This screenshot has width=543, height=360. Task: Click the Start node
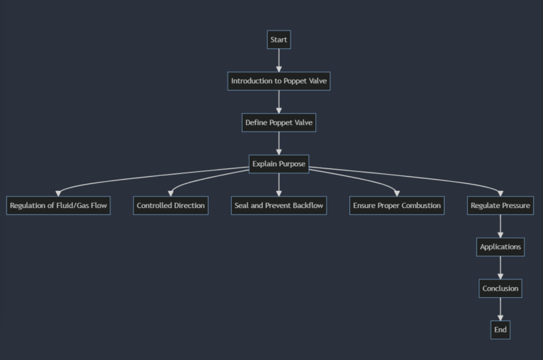(279, 40)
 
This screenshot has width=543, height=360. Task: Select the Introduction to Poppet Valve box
(279, 81)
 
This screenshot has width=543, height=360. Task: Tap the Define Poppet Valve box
(279, 122)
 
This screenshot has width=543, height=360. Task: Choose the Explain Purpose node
(279, 164)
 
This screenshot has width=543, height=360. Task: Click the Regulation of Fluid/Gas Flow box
(58, 206)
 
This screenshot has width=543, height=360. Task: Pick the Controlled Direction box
(170, 206)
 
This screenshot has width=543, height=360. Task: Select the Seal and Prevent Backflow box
(279, 206)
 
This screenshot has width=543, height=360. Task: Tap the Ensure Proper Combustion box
(397, 206)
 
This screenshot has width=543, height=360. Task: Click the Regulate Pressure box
(501, 206)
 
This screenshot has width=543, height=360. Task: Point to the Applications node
(501, 247)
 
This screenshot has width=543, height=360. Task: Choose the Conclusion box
(501, 289)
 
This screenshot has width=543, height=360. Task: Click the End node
(501, 330)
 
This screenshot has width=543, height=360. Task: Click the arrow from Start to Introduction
(279, 60)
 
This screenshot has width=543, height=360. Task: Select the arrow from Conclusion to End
(501, 309)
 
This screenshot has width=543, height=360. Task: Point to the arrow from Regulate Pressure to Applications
(501, 226)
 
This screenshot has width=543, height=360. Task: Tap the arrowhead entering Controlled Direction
(170, 193)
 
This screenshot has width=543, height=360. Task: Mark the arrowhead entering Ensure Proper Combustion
(397, 193)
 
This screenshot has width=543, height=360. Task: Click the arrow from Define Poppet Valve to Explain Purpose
(279, 144)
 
